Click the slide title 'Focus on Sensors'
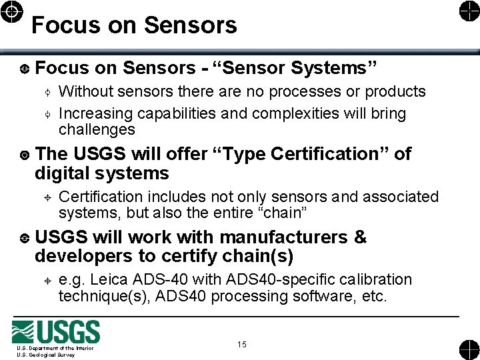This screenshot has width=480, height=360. [134, 25]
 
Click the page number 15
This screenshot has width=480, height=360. [241, 344]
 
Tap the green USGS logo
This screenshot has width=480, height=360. [56, 332]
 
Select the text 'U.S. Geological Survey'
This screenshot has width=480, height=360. [46, 355]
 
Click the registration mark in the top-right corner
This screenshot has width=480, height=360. [467, 11]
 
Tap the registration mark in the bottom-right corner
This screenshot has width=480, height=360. [467, 349]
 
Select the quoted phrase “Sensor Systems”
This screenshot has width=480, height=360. [295, 68]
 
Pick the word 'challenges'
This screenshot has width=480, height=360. [97, 129]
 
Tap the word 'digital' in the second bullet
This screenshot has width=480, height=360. [63, 174]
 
